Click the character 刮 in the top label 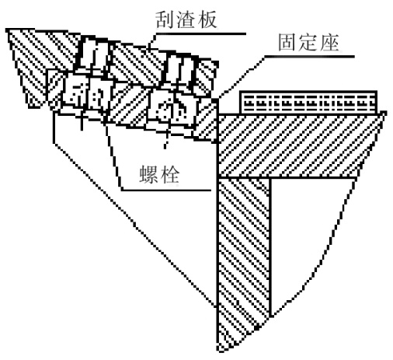[165, 20]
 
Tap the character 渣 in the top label [186, 20]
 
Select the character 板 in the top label [207, 20]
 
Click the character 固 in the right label [287, 43]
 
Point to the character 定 [308, 43]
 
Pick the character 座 [329, 43]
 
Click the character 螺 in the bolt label [148, 174]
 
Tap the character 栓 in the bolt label [170, 174]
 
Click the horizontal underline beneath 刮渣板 [200, 33]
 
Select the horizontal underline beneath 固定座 [309, 56]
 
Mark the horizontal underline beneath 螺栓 [166, 190]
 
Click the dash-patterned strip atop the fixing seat [308, 103]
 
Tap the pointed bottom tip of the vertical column [220, 351]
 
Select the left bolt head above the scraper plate [92, 54]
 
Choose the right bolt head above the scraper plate [180, 69]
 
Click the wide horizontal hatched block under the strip [301, 145]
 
